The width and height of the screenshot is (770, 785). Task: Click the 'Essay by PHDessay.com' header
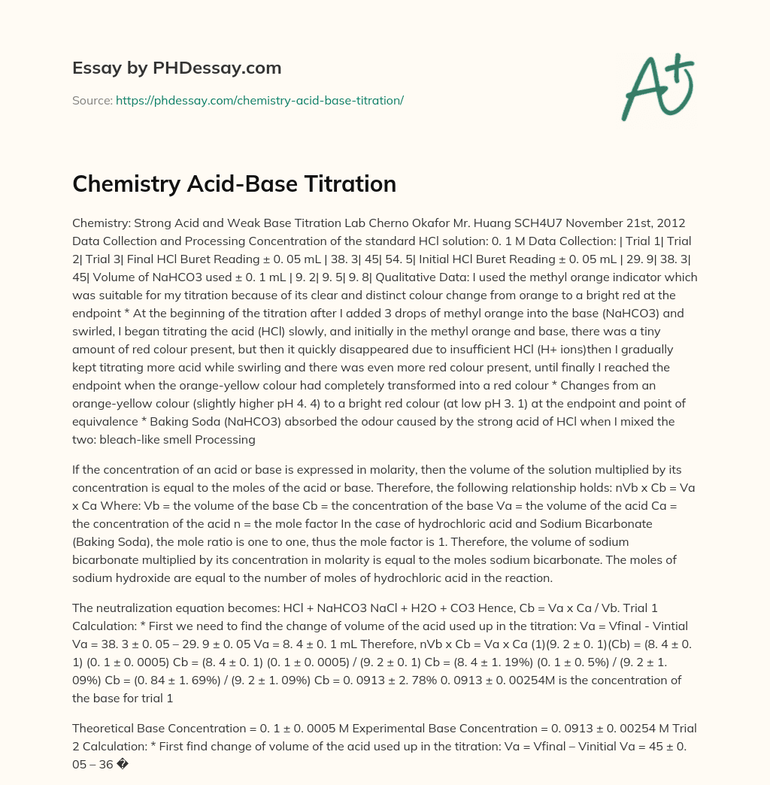pyautogui.click(x=177, y=68)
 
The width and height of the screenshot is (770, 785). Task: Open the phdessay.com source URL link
pyautogui.click(x=259, y=101)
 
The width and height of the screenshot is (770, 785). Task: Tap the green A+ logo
pyautogui.click(x=656, y=86)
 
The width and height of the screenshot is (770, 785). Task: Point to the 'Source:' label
pyautogui.click(x=92, y=101)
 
